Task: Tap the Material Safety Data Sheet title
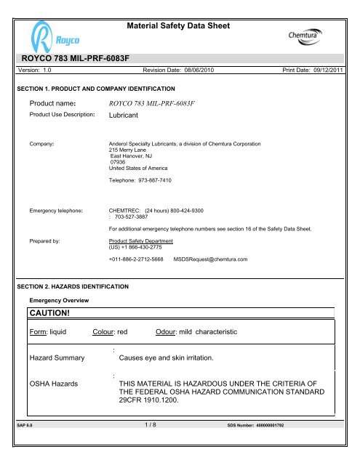(178, 26)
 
